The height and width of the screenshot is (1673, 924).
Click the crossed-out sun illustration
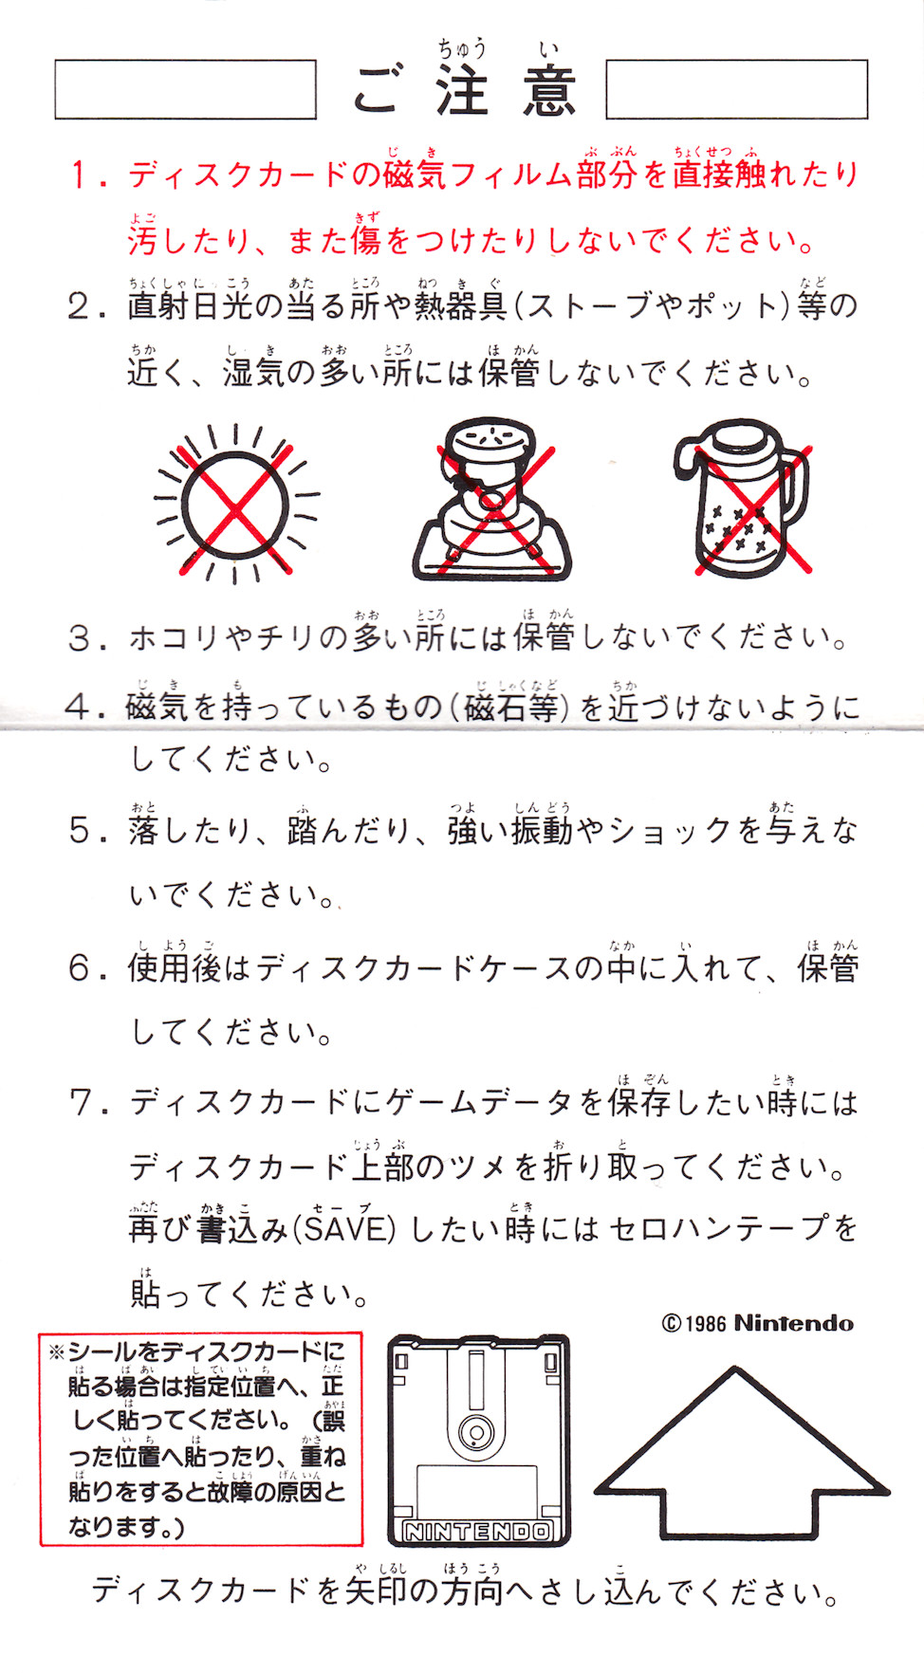coord(235,504)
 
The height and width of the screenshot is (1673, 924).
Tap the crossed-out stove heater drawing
coord(491,500)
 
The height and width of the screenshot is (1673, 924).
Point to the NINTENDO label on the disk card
coord(478,1531)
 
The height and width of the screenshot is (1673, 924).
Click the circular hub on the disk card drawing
coord(475,1431)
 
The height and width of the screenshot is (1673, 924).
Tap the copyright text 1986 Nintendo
coord(757,1323)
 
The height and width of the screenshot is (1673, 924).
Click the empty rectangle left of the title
coord(185,89)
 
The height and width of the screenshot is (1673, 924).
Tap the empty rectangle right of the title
coord(737,89)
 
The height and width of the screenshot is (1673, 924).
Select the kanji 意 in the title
coord(549,92)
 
